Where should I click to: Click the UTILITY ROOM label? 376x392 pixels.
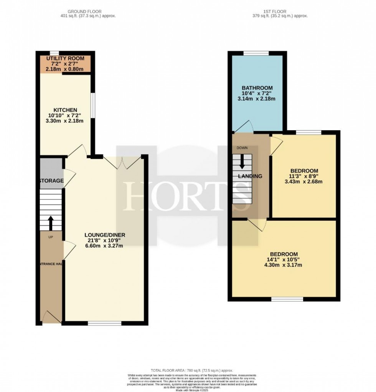coord(65,58)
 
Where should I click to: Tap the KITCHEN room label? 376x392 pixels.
coord(65,110)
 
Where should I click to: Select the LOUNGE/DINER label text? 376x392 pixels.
coord(105,235)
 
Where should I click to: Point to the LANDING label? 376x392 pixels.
coord(250,176)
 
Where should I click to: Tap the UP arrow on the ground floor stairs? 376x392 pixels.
coord(50,223)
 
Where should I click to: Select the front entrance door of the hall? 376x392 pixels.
coord(51,317)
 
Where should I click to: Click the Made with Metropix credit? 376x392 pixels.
coord(188,390)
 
